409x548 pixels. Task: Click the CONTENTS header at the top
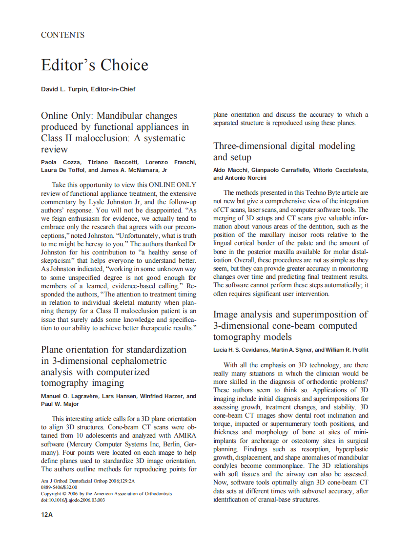pyautogui.click(x=62, y=35)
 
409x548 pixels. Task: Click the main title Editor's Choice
pyautogui.click(x=94, y=65)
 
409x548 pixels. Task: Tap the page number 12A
pyautogui.click(x=47, y=514)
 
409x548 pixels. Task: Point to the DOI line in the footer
pyautogui.click(x=73, y=500)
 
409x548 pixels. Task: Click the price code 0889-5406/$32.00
pyautogui.click(x=59, y=487)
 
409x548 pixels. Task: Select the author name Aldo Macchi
pyautogui.click(x=229, y=169)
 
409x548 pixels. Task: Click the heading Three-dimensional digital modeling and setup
pyautogui.click(x=284, y=151)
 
